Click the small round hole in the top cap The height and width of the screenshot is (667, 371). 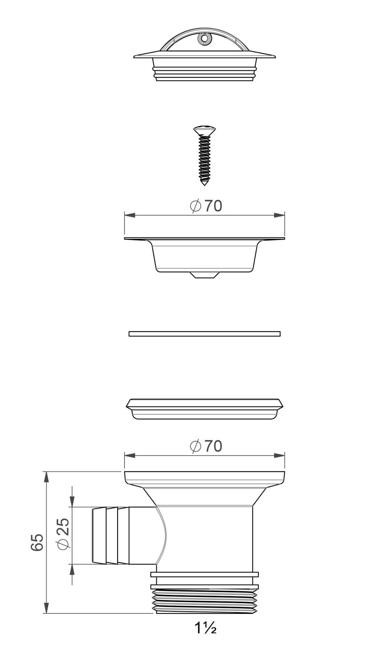[204, 38]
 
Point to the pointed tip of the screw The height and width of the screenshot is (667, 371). [204, 184]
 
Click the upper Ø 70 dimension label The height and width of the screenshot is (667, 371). [206, 206]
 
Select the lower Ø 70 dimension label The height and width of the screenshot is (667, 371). [206, 446]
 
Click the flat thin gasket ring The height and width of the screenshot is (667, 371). [204, 333]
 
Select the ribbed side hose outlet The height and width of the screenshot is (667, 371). [124, 535]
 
